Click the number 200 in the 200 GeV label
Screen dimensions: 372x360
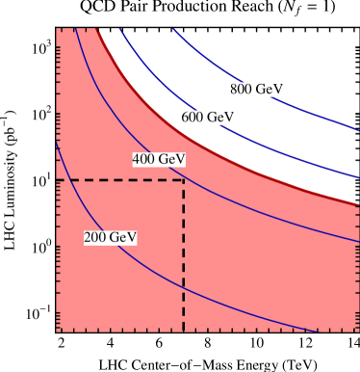pos(96,237)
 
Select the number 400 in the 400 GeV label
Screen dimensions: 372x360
pos(144,159)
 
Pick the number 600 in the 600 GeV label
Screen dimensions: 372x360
pos(193,118)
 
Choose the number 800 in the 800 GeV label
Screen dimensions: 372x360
pos(242,90)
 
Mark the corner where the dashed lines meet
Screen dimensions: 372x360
pos(184,180)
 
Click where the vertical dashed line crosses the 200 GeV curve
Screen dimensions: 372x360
pos(184,287)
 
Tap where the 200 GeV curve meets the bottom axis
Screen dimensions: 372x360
pos(316,332)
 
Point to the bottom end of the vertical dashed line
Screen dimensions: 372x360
pos(184,331)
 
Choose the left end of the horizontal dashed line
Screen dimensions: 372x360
pos(58,180)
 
